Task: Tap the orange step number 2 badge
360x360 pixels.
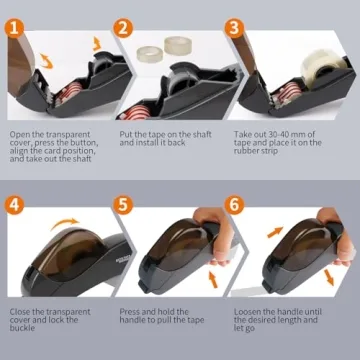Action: (125, 30)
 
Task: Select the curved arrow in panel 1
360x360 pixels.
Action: (95, 42)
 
